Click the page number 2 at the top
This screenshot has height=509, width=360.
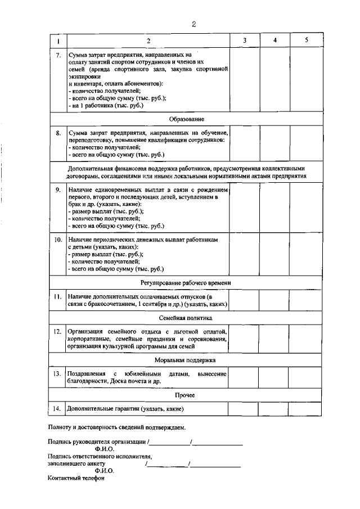[193, 24]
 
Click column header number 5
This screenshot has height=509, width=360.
[306, 40]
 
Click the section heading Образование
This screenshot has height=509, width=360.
[186, 119]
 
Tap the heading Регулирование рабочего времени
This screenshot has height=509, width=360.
[186, 282]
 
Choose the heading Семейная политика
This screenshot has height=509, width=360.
[186, 318]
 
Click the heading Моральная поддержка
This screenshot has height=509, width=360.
[186, 360]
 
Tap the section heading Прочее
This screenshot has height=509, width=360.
[186, 395]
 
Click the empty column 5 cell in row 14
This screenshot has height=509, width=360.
[306, 409]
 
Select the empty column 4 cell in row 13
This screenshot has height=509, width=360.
[274, 377]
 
